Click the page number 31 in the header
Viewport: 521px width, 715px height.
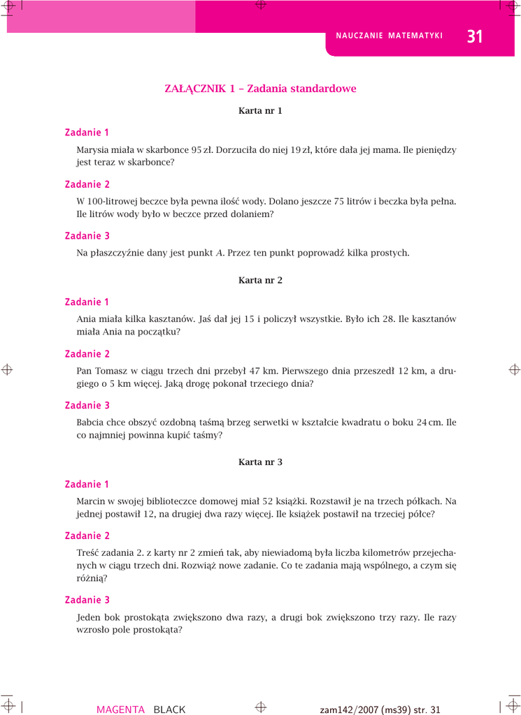tap(474, 36)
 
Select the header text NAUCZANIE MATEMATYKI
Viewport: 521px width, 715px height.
tap(390, 36)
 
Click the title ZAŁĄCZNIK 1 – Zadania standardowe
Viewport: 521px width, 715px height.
tap(260, 89)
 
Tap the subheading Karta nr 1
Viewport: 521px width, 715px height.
tap(260, 110)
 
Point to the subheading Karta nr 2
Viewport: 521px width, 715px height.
tap(260, 280)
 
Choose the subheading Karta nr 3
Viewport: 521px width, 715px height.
tap(260, 462)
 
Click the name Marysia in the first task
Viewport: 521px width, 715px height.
tap(92, 149)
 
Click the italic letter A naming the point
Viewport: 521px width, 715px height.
tap(220, 253)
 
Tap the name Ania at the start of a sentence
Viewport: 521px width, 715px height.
tap(86, 319)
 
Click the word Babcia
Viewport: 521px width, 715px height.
tap(91, 422)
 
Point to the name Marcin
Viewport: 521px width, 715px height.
tap(92, 501)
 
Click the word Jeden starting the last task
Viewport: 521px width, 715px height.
tap(89, 617)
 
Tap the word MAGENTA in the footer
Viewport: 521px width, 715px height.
tap(120, 709)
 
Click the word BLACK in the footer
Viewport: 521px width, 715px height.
tap(169, 709)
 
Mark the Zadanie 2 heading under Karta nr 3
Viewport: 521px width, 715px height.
tap(87, 536)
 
